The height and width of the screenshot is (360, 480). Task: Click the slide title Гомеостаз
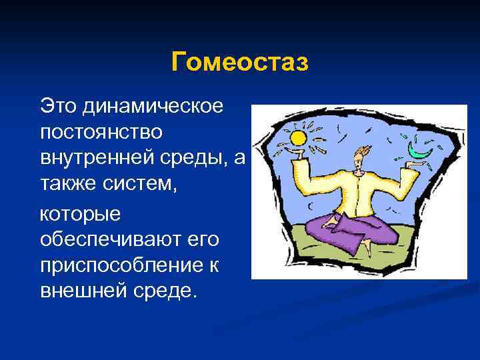[240, 63]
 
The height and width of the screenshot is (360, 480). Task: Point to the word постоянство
[101, 133]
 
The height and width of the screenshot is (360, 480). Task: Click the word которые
[81, 214]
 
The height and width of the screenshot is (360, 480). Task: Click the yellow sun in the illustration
[297, 138]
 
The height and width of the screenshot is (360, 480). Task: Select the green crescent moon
[421, 152]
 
